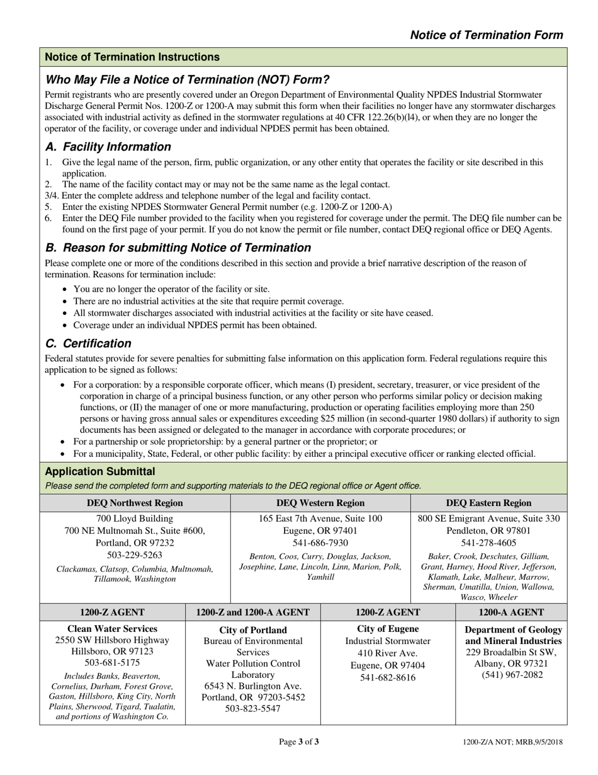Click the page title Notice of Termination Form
click(x=486, y=35)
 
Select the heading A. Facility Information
click(x=108, y=147)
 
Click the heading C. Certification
click(x=88, y=343)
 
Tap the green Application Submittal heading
click(x=100, y=471)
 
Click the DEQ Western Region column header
click(x=320, y=503)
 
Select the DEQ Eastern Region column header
click(x=488, y=503)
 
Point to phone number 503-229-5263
click(x=135, y=555)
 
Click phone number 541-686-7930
click(x=320, y=542)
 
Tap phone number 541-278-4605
click(x=488, y=542)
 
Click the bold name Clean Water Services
click(x=112, y=628)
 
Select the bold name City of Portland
click(x=252, y=630)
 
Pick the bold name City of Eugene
click(x=387, y=629)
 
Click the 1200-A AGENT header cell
click(x=511, y=612)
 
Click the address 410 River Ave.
click(x=387, y=653)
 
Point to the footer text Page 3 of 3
click(x=298, y=742)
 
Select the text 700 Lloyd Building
click(x=135, y=519)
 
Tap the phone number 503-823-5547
click(x=252, y=708)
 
